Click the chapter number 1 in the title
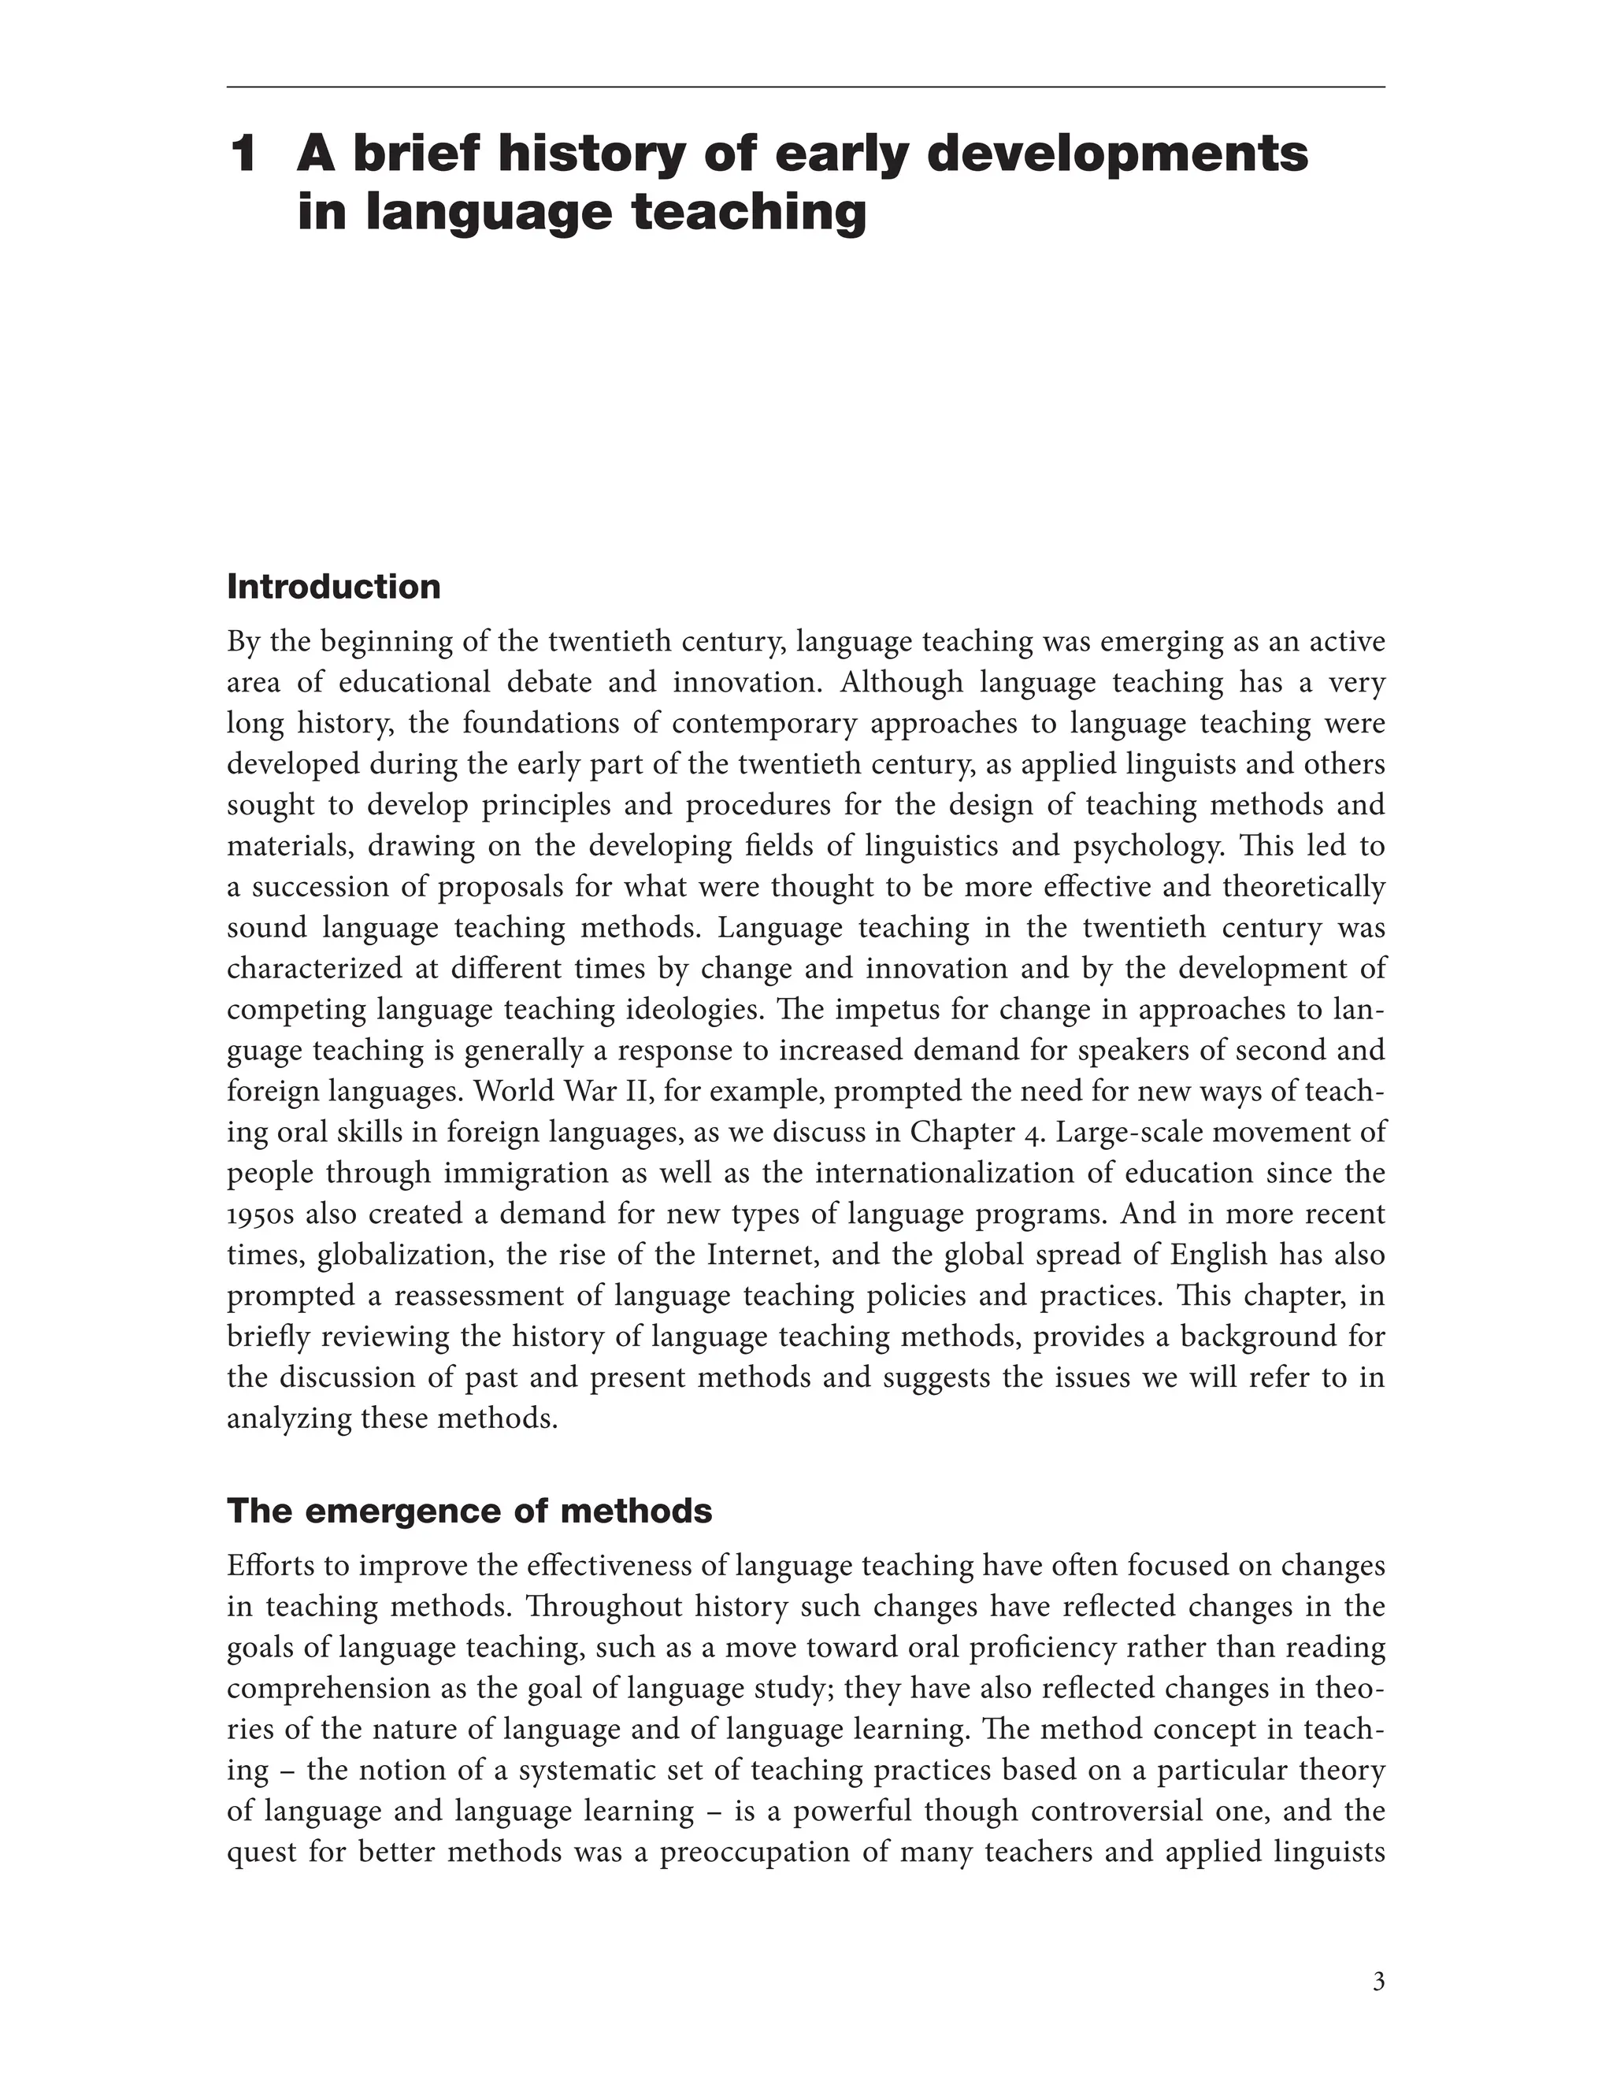(x=244, y=154)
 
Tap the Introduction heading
(x=333, y=587)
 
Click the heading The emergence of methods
(x=469, y=1511)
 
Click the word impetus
(x=898, y=1009)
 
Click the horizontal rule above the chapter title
(x=806, y=87)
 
